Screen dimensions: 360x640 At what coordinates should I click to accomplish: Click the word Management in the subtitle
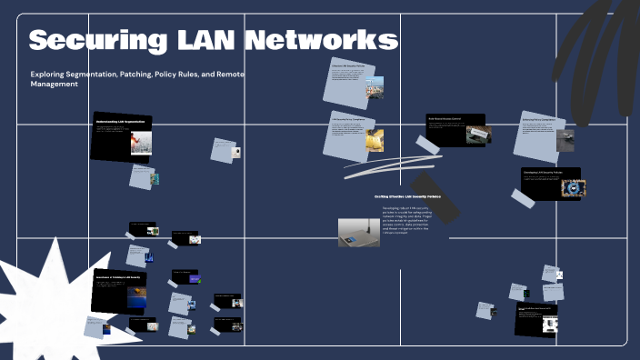coord(55,84)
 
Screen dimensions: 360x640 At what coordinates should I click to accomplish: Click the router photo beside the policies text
coord(358,232)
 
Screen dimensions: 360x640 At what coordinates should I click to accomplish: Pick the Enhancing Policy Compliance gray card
coord(539,133)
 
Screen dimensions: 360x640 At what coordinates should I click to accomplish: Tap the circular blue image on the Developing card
coord(573,187)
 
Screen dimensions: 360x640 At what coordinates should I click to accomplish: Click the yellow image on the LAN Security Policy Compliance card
coord(375,142)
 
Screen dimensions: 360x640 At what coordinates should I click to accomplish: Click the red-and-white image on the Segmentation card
coord(139,143)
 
